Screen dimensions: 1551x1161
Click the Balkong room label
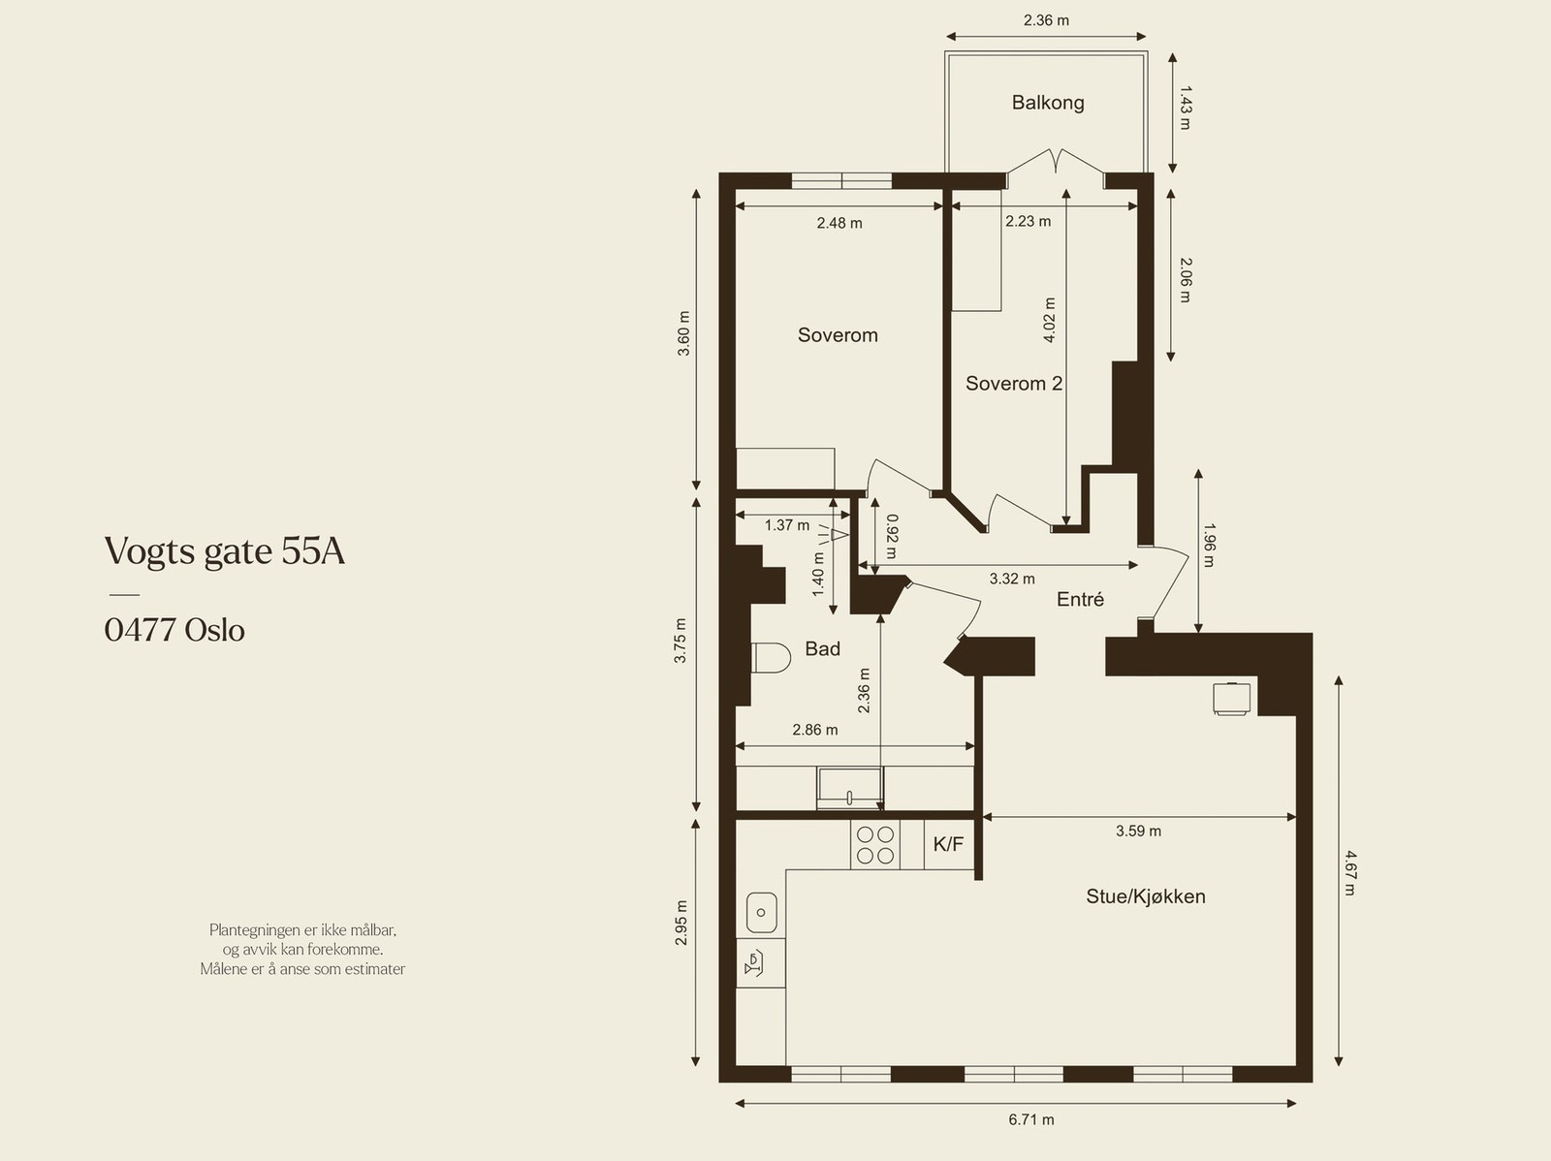(x=1048, y=103)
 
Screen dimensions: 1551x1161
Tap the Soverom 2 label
(x=1014, y=384)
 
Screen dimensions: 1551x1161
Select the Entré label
(x=1080, y=600)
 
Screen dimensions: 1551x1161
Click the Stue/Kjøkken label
(x=1146, y=896)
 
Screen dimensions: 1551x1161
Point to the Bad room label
(x=822, y=649)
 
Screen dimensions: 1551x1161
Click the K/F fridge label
(x=948, y=844)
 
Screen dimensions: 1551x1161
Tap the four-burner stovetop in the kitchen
(x=875, y=845)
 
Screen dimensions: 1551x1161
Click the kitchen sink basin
(x=762, y=912)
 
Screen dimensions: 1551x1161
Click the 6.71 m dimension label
(x=1031, y=1120)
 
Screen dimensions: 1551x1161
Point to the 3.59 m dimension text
(x=1138, y=832)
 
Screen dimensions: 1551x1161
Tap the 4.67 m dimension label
(x=1349, y=873)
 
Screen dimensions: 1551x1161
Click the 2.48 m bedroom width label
(x=839, y=223)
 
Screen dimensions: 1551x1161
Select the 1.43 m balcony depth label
(x=1185, y=108)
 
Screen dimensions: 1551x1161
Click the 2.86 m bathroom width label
(x=814, y=730)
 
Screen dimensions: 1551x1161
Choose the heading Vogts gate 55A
(x=225, y=551)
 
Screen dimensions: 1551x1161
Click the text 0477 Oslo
(x=174, y=630)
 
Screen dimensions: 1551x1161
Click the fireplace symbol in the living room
(x=1232, y=699)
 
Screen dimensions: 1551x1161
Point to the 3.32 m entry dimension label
(x=1012, y=580)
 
